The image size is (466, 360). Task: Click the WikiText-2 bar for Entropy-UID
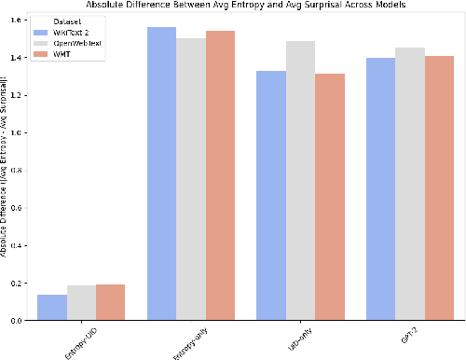tap(51, 308)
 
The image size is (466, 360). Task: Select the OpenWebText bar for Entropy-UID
tap(80, 303)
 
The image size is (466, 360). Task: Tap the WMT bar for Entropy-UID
tap(110, 302)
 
